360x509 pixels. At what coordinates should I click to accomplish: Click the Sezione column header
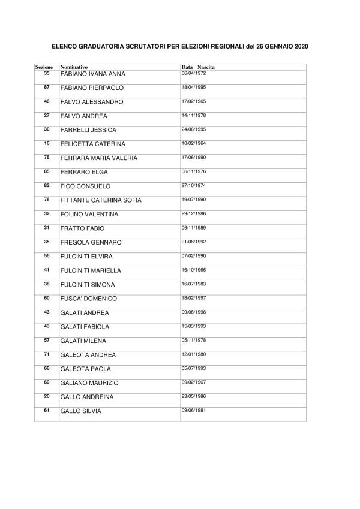tap(44, 67)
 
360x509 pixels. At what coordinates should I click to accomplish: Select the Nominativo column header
tap(74, 67)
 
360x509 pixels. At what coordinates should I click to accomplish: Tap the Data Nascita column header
tap(198, 67)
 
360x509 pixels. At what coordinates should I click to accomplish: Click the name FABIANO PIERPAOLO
tap(88, 88)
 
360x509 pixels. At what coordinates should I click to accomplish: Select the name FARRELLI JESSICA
tap(88, 130)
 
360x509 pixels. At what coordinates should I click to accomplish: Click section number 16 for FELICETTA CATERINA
tap(47, 143)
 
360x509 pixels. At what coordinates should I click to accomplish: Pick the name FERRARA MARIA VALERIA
tap(99, 158)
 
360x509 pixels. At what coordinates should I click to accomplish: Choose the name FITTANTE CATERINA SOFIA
tap(101, 200)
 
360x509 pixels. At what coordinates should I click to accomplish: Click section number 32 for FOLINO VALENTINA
tap(47, 213)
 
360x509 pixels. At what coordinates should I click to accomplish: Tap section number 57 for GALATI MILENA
tap(47, 339)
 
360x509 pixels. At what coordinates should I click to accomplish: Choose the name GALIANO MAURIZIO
tap(89, 383)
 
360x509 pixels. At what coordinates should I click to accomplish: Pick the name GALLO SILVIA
tap(81, 411)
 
